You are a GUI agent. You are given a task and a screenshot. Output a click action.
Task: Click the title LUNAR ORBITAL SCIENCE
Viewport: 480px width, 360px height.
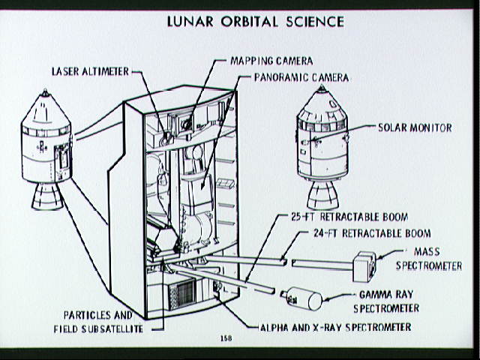tap(256, 22)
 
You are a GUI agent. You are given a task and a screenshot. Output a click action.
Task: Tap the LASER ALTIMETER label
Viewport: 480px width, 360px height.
tap(90, 72)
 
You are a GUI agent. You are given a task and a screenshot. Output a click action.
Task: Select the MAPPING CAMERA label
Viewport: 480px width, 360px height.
tap(271, 61)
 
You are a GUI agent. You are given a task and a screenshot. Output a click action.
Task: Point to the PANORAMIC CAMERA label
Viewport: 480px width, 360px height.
tap(301, 77)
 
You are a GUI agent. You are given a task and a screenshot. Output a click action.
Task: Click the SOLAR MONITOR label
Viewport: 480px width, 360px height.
tap(415, 127)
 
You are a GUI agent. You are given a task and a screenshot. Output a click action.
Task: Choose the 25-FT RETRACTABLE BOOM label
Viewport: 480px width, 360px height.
tap(349, 217)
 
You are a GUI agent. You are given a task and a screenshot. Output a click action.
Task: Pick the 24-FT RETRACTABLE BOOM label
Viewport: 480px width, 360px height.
tap(372, 233)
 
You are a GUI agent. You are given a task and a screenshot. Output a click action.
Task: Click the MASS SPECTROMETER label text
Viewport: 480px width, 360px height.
tap(429, 259)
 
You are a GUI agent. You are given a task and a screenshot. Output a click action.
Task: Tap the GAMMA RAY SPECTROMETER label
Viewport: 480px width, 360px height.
tap(386, 301)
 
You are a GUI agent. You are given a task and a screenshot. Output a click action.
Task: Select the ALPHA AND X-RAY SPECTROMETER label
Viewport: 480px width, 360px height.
tap(335, 327)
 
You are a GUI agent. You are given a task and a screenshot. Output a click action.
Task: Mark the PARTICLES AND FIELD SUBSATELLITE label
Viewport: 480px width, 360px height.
tap(98, 322)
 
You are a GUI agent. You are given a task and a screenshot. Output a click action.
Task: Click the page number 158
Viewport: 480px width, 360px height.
tap(226, 338)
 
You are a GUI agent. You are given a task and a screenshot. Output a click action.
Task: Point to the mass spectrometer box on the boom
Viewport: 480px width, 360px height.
tap(364, 266)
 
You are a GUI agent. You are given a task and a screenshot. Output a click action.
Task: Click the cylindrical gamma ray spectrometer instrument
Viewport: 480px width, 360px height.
tap(301, 298)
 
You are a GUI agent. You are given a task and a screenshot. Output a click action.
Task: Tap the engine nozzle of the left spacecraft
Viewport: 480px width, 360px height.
tap(47, 196)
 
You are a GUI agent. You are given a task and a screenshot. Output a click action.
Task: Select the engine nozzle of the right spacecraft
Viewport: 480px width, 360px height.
tap(322, 195)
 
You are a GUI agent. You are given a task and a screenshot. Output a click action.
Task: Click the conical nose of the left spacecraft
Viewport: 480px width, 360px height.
tap(46, 107)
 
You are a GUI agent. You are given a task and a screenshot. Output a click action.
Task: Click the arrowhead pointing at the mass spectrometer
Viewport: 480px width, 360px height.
tap(380, 256)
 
